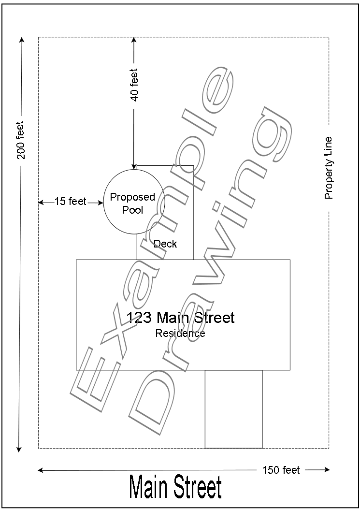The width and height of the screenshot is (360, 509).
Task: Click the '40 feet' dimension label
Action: (134, 85)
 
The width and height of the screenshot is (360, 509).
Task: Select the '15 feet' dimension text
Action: (70, 202)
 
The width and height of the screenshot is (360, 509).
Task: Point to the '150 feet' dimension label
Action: (281, 470)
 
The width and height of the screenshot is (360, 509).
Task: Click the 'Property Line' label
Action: (329, 168)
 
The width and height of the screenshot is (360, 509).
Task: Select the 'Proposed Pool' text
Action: (132, 204)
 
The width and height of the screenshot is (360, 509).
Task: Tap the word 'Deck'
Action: (165, 244)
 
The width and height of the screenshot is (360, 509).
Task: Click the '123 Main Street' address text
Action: (180, 318)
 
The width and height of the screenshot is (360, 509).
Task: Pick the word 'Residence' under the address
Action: (180, 333)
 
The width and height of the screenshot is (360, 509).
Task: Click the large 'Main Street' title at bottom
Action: (176, 488)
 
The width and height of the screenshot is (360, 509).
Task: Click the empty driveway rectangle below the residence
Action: (233, 409)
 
